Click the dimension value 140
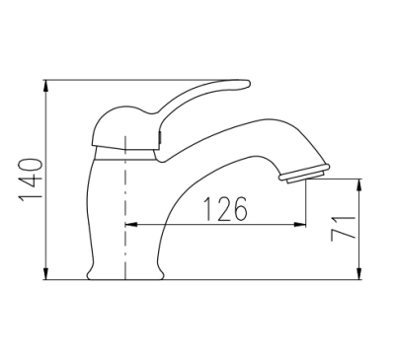coord(31,180)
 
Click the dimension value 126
coord(225,209)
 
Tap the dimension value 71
coord(344,228)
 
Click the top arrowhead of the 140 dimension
coord(46,86)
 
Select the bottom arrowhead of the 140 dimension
coord(46,273)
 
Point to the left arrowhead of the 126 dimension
coord(131,225)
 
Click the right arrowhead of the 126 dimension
coord(300,225)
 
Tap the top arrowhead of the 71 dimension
coord(359,185)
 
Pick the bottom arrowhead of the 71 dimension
coord(359,273)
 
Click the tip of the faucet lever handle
coord(249,84)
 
